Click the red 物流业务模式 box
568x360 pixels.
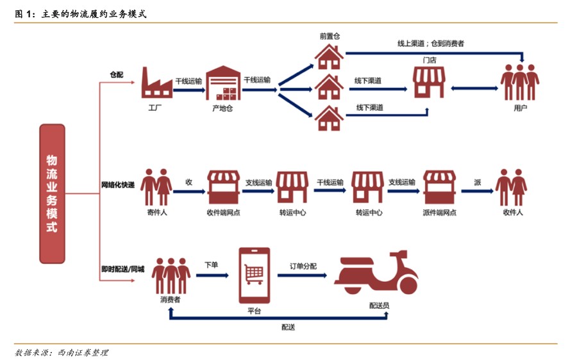point(52,193)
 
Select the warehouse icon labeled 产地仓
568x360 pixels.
point(221,83)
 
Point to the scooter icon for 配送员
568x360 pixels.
point(376,276)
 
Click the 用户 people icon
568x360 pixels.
point(520,83)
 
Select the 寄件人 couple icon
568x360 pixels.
point(156,186)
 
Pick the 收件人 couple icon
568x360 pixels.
point(511,186)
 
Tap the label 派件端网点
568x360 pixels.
point(439,213)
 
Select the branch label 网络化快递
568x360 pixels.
point(118,185)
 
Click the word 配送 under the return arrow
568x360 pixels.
point(288,327)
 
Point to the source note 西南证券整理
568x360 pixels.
point(83,352)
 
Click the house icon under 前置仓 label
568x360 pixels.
point(329,56)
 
